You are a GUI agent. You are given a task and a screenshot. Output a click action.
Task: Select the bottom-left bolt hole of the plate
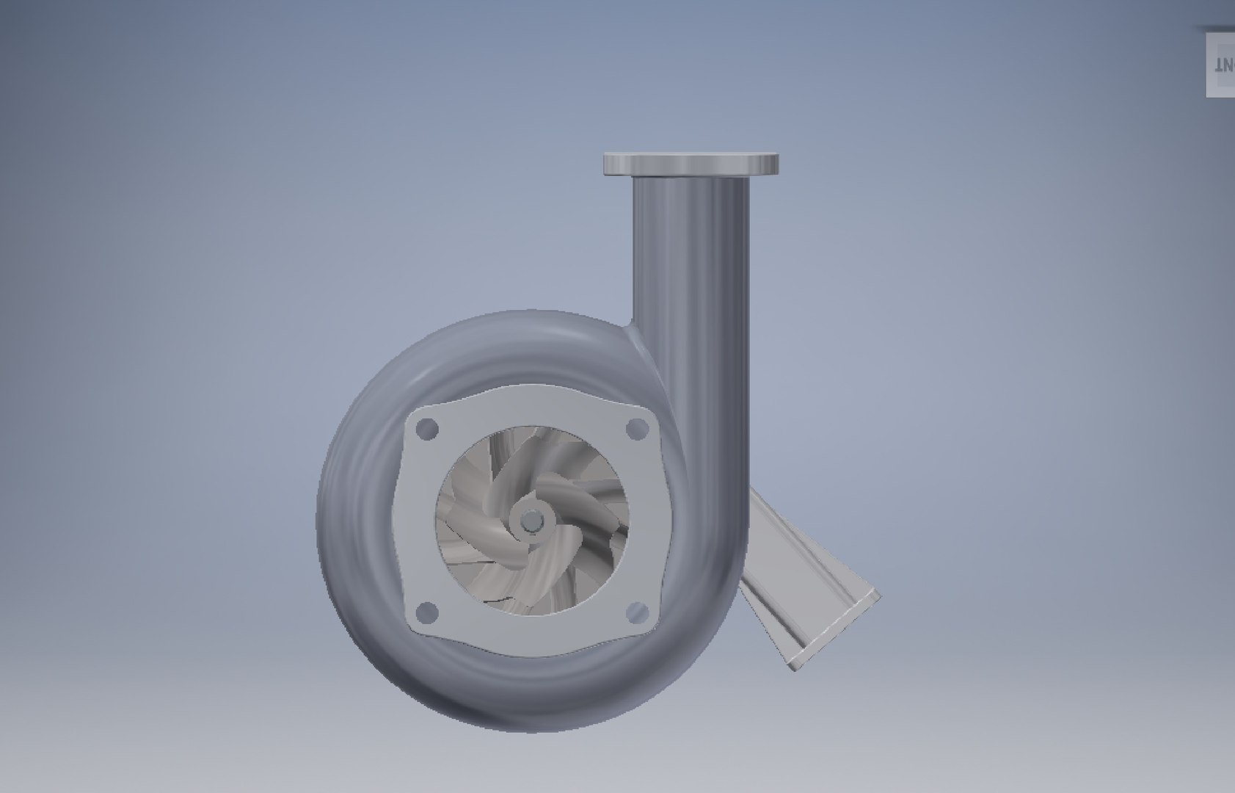[x=426, y=611]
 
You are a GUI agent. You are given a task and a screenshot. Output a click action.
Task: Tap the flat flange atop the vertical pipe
[x=691, y=163]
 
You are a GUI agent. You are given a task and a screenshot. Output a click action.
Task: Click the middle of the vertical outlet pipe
[x=691, y=294]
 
